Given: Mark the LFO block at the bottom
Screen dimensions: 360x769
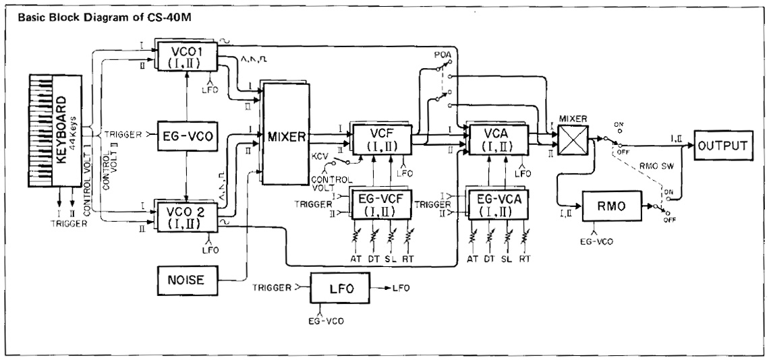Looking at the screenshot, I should click(337, 289).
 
